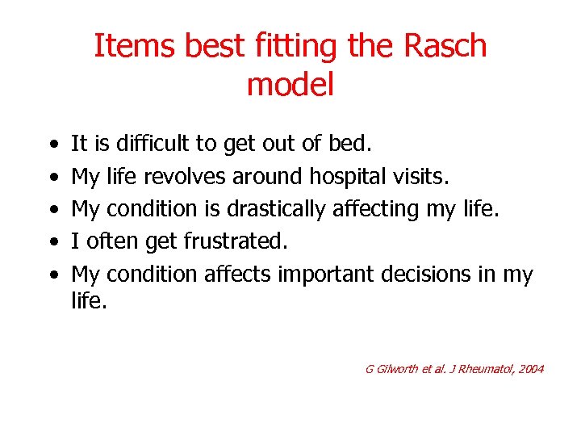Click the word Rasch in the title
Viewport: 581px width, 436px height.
click(x=446, y=46)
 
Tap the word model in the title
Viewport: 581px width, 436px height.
click(x=290, y=84)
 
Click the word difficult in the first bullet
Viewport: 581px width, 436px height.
click(x=153, y=144)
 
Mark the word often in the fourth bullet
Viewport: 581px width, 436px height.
click(x=108, y=241)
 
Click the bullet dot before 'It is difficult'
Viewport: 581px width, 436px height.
click(x=53, y=145)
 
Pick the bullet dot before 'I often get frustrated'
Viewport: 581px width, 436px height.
click(x=53, y=242)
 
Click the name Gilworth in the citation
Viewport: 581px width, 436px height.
click(x=400, y=369)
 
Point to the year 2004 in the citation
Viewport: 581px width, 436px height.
click(x=529, y=369)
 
